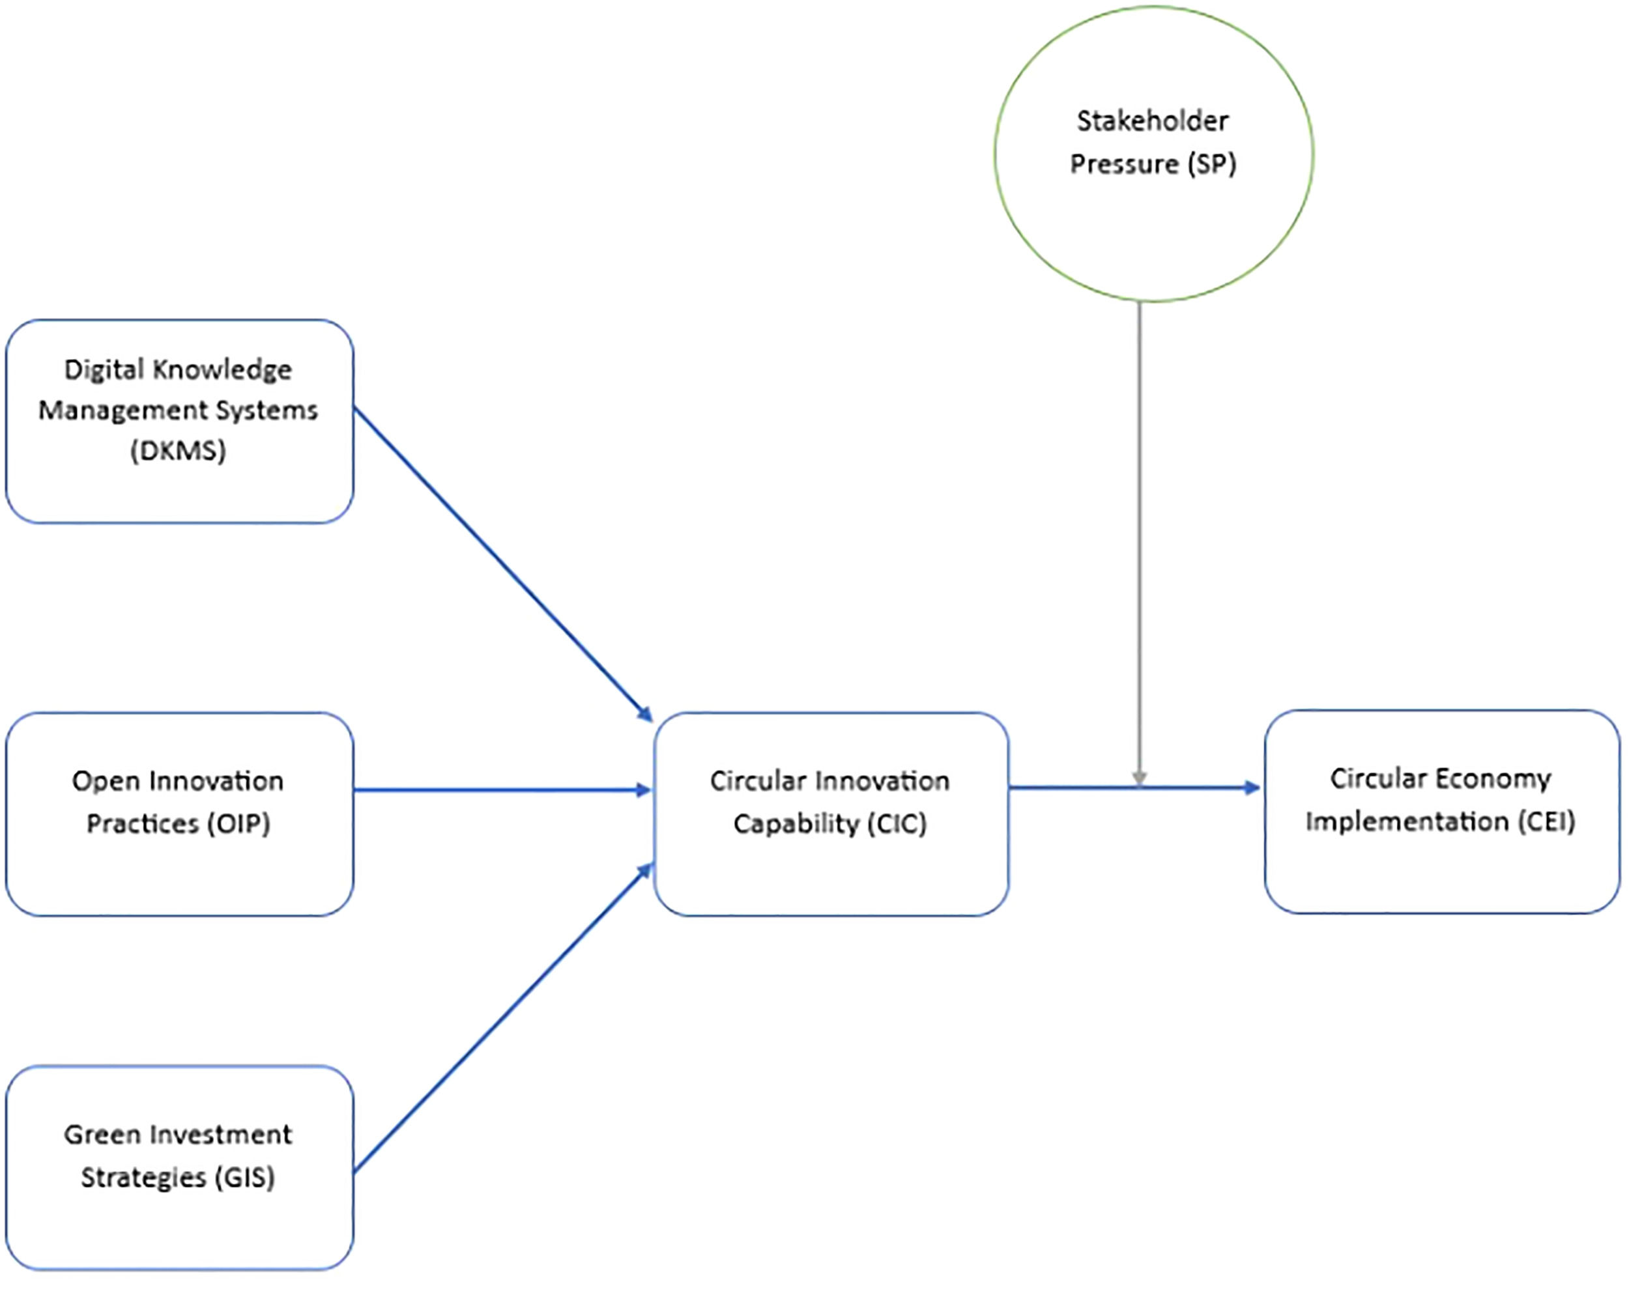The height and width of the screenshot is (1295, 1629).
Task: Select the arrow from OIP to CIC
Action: click(503, 790)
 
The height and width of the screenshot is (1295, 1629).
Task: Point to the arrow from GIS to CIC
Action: click(503, 1017)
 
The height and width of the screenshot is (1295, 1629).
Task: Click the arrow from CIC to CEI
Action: click(1135, 788)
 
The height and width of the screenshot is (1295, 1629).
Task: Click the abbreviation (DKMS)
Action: click(179, 451)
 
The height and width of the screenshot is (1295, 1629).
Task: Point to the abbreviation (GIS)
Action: click(245, 1177)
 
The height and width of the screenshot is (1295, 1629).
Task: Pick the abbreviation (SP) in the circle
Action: click(1211, 164)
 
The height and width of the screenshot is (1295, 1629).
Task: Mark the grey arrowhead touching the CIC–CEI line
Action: click(1140, 779)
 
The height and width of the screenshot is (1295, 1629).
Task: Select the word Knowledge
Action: click(221, 370)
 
